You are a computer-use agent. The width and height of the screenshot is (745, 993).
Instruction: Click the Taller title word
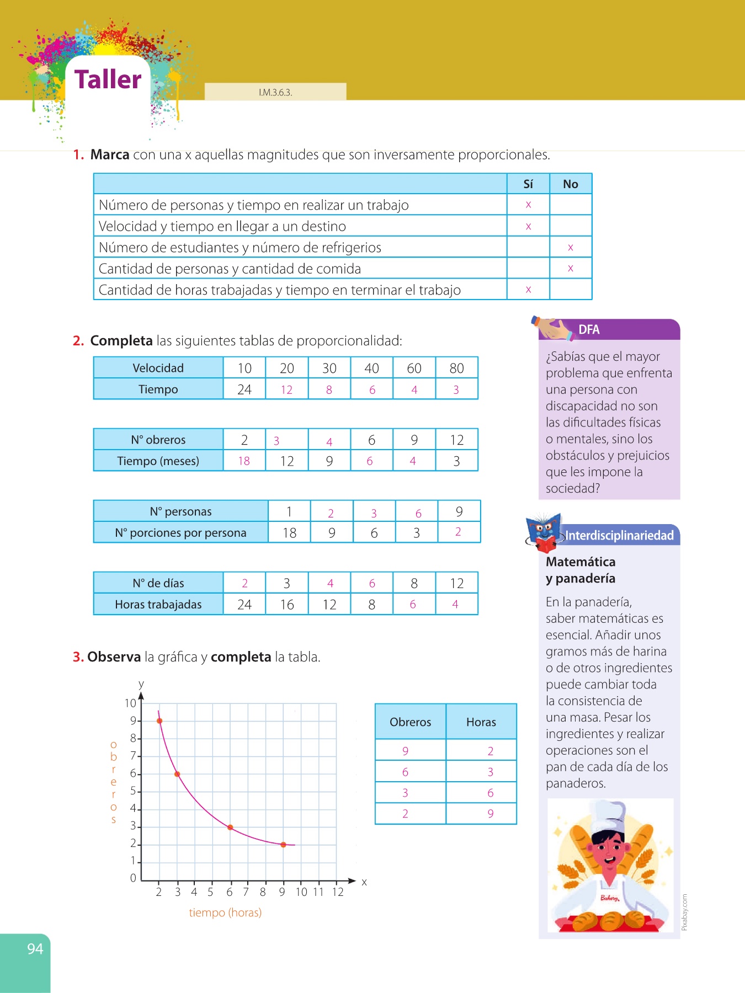pos(108,79)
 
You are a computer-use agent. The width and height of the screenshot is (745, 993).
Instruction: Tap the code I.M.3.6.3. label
pos(275,93)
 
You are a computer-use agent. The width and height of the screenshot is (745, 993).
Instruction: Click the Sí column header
pos(528,184)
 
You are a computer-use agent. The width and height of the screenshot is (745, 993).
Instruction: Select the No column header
pos(571,184)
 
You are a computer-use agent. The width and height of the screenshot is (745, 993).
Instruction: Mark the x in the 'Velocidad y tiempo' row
pos(529,226)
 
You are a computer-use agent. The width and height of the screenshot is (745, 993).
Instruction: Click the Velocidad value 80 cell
pos(456,368)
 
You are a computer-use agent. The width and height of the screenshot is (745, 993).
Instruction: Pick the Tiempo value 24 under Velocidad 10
pos(244,389)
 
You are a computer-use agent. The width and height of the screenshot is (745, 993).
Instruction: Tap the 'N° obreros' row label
pos(158,440)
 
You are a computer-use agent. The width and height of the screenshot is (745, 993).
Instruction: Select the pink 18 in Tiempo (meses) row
pos(244,461)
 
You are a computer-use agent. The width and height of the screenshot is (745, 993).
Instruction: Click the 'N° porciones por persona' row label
pos(180,533)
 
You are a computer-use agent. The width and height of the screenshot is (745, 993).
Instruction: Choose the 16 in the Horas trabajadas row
pos(287,605)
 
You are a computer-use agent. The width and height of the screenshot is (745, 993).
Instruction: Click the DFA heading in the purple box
pos(589,330)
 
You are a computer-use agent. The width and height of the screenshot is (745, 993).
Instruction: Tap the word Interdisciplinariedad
pos(619,536)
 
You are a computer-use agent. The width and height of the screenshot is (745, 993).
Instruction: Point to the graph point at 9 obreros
pos(159,721)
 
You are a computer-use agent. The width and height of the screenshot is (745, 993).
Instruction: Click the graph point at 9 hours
pos(283,845)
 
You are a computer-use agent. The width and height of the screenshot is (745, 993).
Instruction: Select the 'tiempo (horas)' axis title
pos(225,912)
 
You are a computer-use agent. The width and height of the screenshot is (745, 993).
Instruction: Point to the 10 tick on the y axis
pos(130,703)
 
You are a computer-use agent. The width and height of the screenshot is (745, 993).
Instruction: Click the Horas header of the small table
pos(481,722)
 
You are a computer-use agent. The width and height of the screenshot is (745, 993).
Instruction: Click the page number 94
pos(35,949)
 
